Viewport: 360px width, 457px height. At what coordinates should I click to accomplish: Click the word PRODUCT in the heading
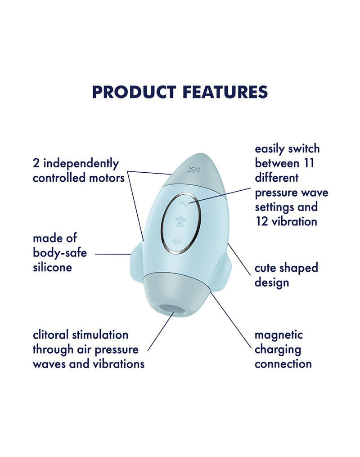134,92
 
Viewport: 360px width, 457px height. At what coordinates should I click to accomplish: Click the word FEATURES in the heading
225,92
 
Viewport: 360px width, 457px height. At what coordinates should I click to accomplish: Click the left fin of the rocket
135,265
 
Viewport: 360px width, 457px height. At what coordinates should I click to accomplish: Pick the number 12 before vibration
261,221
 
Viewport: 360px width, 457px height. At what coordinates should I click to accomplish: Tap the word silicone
52,268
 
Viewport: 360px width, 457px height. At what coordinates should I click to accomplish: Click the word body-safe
59,253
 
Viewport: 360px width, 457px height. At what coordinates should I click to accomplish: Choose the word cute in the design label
266,268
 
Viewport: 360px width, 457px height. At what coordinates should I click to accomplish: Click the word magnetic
279,335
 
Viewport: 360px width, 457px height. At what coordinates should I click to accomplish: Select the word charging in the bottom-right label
278,349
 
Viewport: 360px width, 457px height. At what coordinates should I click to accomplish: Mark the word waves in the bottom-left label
49,363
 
